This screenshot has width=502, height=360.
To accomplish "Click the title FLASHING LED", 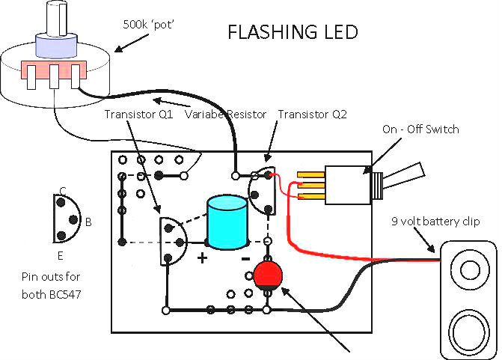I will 293,33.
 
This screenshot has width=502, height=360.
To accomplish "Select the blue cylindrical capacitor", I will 227,222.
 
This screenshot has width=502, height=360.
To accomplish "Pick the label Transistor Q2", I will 309,115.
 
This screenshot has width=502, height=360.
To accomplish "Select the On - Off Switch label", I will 420,129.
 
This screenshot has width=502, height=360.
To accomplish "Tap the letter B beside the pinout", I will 88,222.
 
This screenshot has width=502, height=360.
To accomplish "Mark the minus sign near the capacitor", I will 245,258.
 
